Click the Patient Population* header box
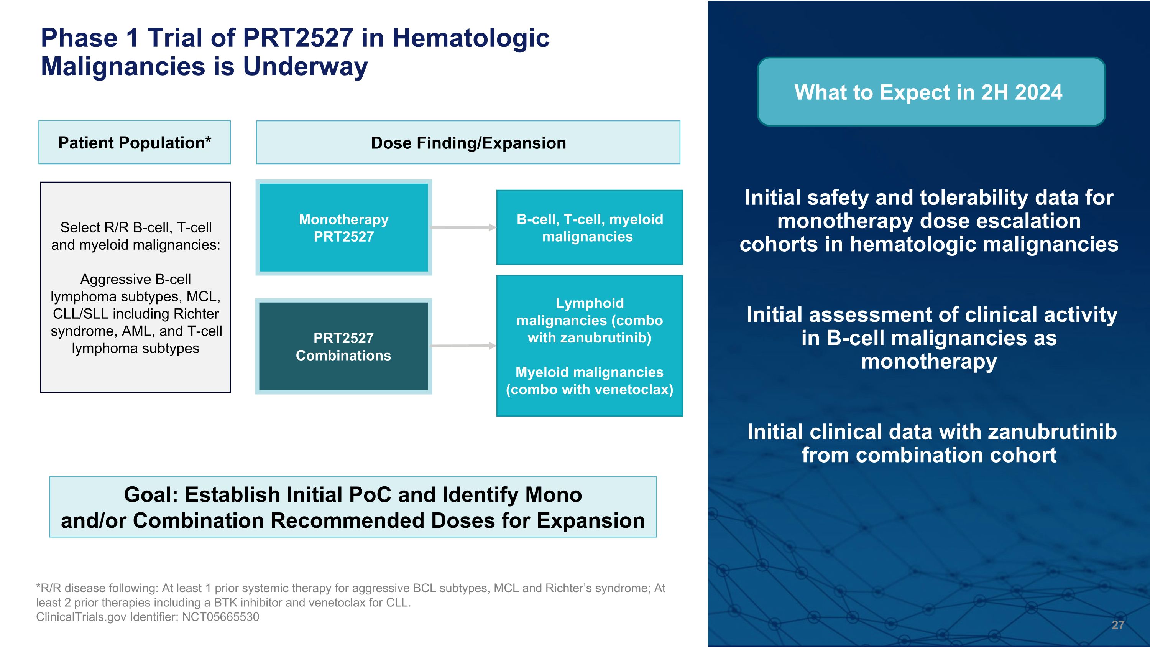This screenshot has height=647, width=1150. (x=135, y=142)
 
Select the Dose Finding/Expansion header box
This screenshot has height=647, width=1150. (x=468, y=142)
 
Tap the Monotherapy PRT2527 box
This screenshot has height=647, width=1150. (x=343, y=228)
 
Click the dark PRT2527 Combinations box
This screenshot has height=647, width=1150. (x=343, y=346)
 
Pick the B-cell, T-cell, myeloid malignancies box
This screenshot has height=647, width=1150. (x=589, y=228)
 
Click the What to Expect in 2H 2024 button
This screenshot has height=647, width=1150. (x=931, y=92)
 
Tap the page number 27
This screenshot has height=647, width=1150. (x=1117, y=625)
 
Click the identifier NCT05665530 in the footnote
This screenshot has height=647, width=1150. (x=220, y=617)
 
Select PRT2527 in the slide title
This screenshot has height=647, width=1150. (x=298, y=38)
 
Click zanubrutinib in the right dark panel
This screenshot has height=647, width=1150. (x=1052, y=432)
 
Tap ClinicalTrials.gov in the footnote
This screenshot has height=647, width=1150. (x=81, y=617)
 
